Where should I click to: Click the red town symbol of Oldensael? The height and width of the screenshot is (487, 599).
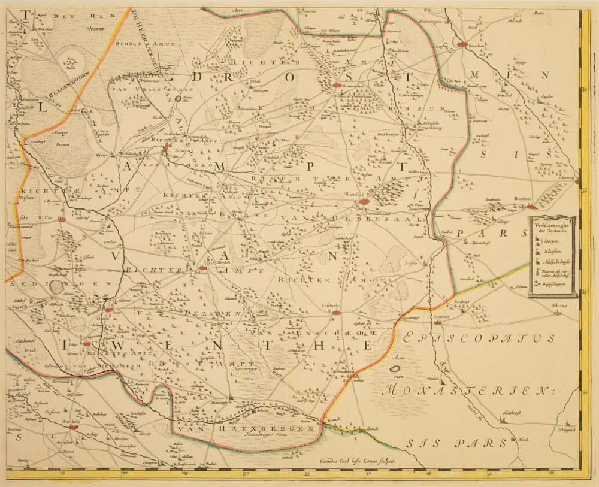[x=364, y=202]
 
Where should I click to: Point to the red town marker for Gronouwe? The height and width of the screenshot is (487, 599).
[x=438, y=322]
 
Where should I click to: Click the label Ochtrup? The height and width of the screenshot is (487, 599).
[x=558, y=305]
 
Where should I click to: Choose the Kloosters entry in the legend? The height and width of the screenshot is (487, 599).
[x=549, y=251]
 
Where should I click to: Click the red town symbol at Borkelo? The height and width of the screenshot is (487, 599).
[x=74, y=427]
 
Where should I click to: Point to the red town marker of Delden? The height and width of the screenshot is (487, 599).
[x=202, y=269]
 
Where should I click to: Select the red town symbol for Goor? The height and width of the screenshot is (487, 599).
[x=108, y=310]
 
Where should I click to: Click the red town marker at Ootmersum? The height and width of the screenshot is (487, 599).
[x=337, y=85]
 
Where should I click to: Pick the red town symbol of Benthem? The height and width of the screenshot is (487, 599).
[x=531, y=207]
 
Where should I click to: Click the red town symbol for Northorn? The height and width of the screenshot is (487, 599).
[x=462, y=44]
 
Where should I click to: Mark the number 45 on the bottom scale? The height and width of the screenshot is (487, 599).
[x=429, y=475]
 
